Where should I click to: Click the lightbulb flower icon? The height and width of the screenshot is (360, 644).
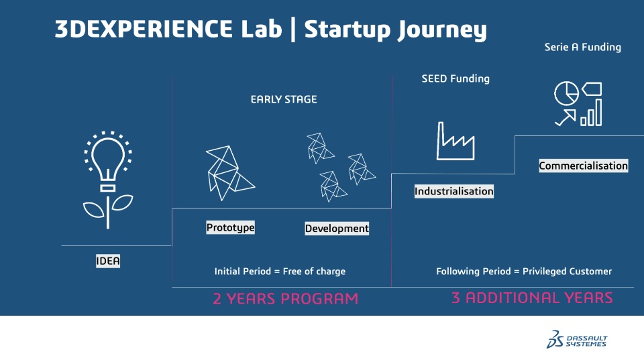click(107, 180)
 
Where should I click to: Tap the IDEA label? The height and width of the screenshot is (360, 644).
click(108, 261)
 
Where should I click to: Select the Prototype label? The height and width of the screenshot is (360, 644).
click(230, 227)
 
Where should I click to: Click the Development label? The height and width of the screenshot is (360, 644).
click(337, 228)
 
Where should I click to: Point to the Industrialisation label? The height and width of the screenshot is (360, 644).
click(454, 191)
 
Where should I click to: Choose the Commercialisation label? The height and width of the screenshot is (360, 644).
click(583, 166)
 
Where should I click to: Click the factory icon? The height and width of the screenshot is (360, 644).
click(455, 141)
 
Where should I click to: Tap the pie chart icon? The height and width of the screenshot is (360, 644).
click(566, 93)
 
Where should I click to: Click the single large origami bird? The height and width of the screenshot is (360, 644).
click(229, 173)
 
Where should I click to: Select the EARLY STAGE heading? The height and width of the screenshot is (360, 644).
click(284, 99)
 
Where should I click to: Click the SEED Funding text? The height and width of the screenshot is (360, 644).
click(455, 79)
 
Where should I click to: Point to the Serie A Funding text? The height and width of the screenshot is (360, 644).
click(583, 47)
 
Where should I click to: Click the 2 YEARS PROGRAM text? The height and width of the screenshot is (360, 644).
click(286, 298)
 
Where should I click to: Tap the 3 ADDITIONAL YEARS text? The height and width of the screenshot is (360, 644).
click(532, 298)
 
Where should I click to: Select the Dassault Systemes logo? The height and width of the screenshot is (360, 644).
click(576, 339)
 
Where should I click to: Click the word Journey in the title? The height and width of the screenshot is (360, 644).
click(442, 30)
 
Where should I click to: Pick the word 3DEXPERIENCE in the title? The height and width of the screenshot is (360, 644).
click(144, 29)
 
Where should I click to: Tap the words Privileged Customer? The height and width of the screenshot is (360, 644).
click(568, 272)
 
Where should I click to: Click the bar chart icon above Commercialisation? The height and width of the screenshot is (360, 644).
click(592, 113)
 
